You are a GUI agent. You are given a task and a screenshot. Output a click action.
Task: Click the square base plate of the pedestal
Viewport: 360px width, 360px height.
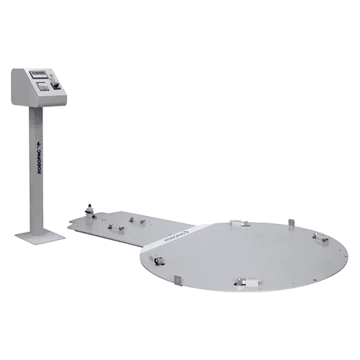click(39, 235)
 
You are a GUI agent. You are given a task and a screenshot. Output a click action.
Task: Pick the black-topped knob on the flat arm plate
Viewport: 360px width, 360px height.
click(90, 209)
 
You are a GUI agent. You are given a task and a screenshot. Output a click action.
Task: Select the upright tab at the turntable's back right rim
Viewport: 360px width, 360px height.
click(290, 221)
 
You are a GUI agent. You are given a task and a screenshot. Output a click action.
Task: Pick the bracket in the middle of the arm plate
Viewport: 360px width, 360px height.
click(115, 227)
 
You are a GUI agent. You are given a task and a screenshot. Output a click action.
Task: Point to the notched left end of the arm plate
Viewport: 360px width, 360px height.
click(71, 225)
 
